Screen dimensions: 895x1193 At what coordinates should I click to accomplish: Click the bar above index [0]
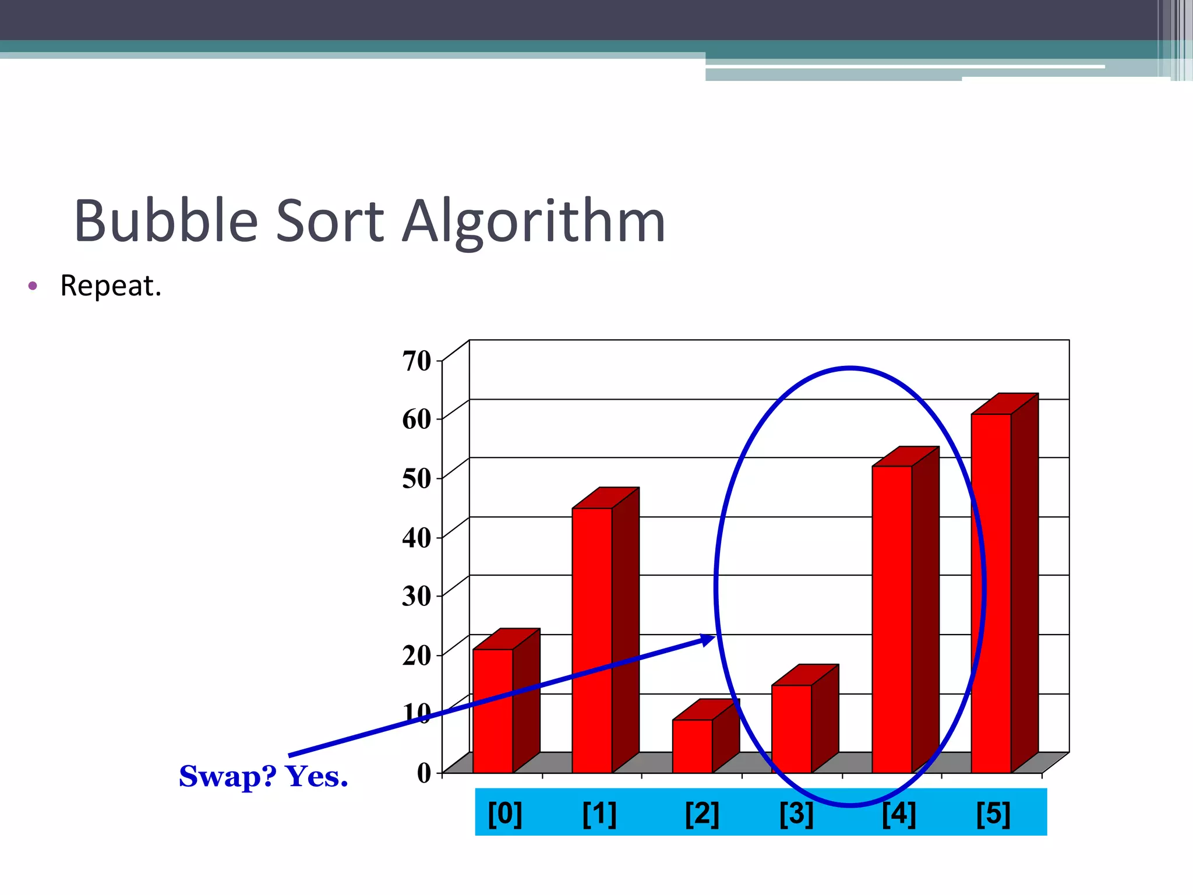coord(493,711)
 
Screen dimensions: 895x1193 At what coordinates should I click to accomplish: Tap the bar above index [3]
coord(792,728)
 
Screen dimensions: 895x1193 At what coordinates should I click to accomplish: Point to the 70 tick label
coord(417,361)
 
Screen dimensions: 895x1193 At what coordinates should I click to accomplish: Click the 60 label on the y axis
coord(417,419)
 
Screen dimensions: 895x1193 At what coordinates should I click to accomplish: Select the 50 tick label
coord(417,478)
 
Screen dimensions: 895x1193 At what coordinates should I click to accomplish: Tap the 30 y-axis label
coord(417,596)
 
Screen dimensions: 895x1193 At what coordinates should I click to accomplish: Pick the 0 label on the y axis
coord(424,773)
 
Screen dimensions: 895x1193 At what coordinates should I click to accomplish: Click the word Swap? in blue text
coord(228,777)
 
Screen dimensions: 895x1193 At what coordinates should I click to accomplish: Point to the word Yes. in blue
coord(316,776)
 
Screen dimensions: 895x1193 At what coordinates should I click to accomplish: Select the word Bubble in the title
coord(166,221)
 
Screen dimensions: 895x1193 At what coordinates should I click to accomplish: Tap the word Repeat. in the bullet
coord(111,286)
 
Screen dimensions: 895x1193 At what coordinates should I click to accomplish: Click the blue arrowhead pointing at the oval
coord(708,639)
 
